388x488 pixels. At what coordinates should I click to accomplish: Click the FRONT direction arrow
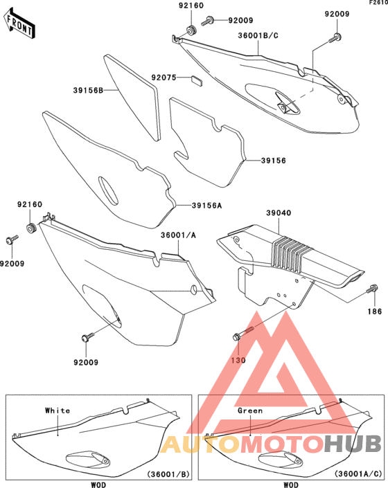(x=19, y=24)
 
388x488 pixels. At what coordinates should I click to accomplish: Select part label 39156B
(x=88, y=91)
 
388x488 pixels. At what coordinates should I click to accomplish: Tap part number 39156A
(x=206, y=206)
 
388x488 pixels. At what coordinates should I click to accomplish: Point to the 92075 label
(x=164, y=78)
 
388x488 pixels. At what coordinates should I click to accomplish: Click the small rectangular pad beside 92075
(x=196, y=80)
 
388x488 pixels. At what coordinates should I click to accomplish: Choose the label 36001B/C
(x=258, y=35)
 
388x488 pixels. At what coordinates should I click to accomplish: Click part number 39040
(x=279, y=213)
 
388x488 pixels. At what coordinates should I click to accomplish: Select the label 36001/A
(x=179, y=235)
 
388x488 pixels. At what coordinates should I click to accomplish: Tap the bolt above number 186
(x=372, y=289)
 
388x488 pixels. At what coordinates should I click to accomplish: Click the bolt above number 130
(x=243, y=332)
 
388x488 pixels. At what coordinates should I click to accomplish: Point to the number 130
(x=238, y=360)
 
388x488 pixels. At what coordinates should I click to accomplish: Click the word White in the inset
(x=58, y=410)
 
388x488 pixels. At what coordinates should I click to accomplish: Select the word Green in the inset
(x=250, y=410)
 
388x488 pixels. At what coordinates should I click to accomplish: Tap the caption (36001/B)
(x=168, y=474)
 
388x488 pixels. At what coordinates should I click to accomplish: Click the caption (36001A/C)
(x=358, y=474)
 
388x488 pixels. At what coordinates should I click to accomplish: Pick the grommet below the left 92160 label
(x=31, y=228)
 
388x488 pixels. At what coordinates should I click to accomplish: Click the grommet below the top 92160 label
(x=191, y=31)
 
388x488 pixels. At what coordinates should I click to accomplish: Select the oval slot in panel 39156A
(x=108, y=191)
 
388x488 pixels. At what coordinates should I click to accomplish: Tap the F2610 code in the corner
(x=378, y=3)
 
